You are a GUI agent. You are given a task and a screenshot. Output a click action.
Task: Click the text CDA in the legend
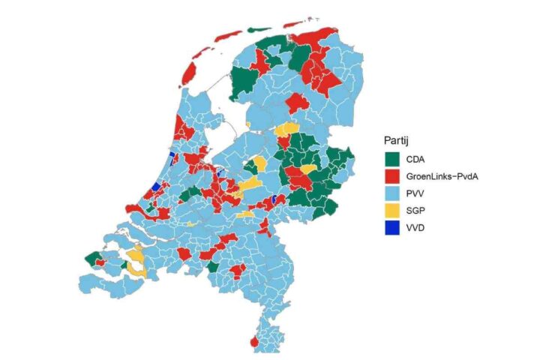(x=415, y=158)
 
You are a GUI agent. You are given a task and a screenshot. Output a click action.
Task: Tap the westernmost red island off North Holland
(x=189, y=73)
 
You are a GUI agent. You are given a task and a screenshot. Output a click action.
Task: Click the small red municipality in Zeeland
(x=100, y=262)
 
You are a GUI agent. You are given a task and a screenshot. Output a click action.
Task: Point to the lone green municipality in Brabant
(x=213, y=266)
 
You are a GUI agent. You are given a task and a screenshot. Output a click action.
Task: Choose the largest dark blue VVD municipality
(x=156, y=186)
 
